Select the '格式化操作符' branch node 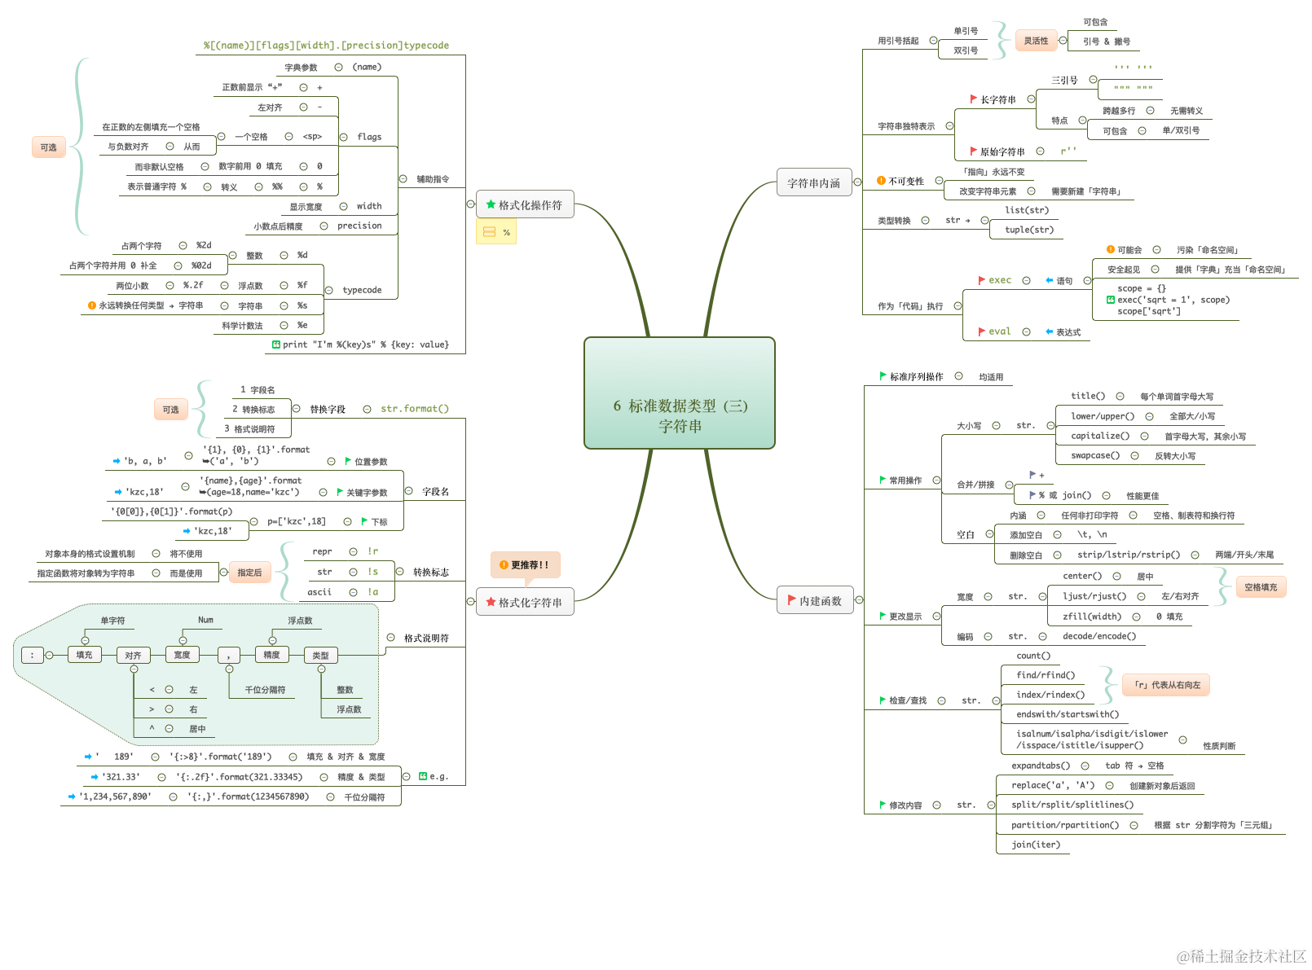[x=525, y=205]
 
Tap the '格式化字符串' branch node [x=525, y=603]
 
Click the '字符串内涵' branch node [x=813, y=183]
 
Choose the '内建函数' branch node [x=815, y=601]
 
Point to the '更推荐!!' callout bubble [x=525, y=564]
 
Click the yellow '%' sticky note [x=496, y=232]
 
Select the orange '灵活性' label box [x=1036, y=41]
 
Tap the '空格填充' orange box [x=1261, y=587]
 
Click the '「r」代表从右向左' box [x=1166, y=685]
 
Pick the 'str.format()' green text [x=415, y=409]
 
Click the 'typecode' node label [x=362, y=290]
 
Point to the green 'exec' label [x=1000, y=280]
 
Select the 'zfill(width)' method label [x=1091, y=617]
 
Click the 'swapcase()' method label [x=1094, y=455]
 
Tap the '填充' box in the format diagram [x=84, y=655]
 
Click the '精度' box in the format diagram [x=271, y=655]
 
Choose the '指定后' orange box [x=249, y=573]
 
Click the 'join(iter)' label [x=1036, y=845]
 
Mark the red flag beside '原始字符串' [x=973, y=151]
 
